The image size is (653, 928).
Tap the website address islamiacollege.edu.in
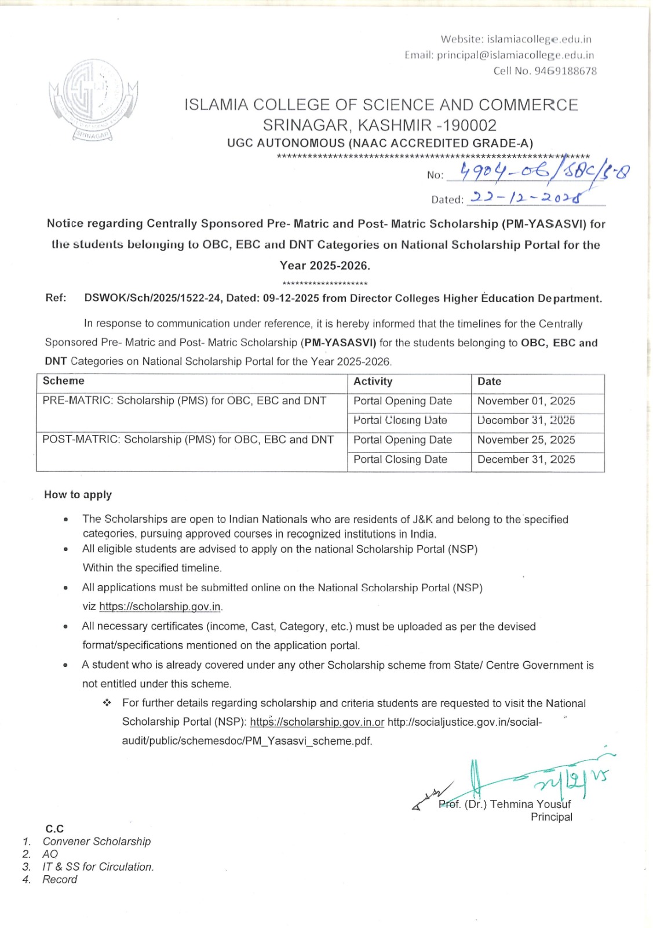pyautogui.click(x=539, y=39)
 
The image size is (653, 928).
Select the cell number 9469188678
pyautogui.click(x=566, y=71)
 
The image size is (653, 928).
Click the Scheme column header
pyautogui.click(x=64, y=381)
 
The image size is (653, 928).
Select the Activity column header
pyautogui.click(x=373, y=382)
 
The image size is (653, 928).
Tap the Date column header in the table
pyautogui.click(x=490, y=382)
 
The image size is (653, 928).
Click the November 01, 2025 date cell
pyautogui.click(x=526, y=401)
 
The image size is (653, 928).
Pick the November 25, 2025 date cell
pyautogui.click(x=526, y=440)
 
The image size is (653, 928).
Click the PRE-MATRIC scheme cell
pyautogui.click(x=184, y=401)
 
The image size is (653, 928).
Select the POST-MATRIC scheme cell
pyautogui.click(x=188, y=440)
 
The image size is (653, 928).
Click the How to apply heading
pyautogui.click(x=78, y=495)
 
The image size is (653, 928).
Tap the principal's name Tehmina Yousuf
pyautogui.click(x=530, y=804)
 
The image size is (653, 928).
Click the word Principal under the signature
pyautogui.click(x=551, y=817)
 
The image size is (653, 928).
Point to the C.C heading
pyautogui.click(x=54, y=829)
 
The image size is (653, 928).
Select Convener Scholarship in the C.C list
pyautogui.click(x=96, y=842)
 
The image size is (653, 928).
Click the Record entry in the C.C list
pyautogui.click(x=60, y=880)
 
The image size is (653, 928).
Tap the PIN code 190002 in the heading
pyautogui.click(x=470, y=125)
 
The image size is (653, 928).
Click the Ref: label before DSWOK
pyautogui.click(x=56, y=298)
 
